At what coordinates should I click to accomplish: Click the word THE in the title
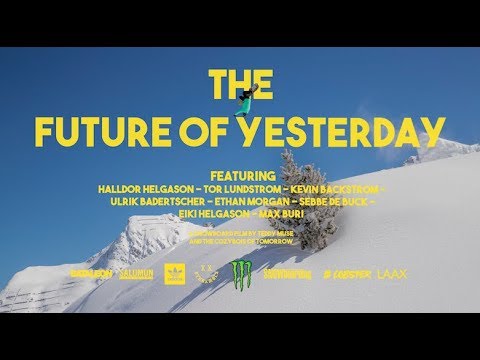pos(240,86)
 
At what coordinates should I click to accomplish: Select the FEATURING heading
pos(239,170)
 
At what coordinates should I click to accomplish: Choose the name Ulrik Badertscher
pos(149,201)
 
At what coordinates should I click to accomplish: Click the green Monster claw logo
pos(240,273)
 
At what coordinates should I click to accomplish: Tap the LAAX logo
pos(392,273)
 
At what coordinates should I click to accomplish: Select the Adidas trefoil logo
pos(173,273)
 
